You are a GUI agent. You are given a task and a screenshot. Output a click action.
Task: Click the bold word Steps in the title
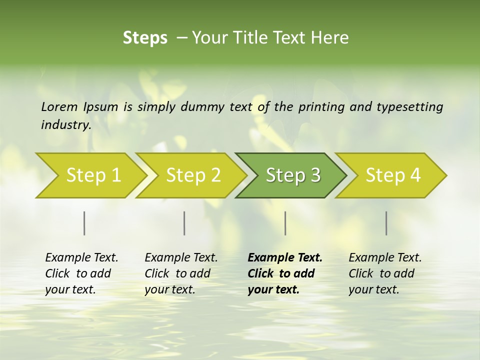[x=145, y=37]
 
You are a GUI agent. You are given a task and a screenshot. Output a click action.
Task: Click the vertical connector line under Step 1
[x=84, y=223]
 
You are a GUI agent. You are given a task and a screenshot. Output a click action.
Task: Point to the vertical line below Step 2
[x=184, y=223]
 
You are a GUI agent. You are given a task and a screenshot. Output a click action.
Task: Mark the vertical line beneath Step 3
[x=285, y=223]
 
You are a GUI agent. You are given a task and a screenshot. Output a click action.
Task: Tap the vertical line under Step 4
[x=386, y=223]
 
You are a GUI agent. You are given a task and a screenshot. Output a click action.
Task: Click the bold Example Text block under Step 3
[x=284, y=273]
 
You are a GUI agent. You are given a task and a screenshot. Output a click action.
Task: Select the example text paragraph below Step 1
[x=81, y=273]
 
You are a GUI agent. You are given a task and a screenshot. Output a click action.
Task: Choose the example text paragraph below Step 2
[x=181, y=273]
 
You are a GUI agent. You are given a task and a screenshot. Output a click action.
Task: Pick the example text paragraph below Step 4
[x=384, y=273]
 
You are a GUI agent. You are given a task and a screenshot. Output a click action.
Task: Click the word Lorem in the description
[x=59, y=106]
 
